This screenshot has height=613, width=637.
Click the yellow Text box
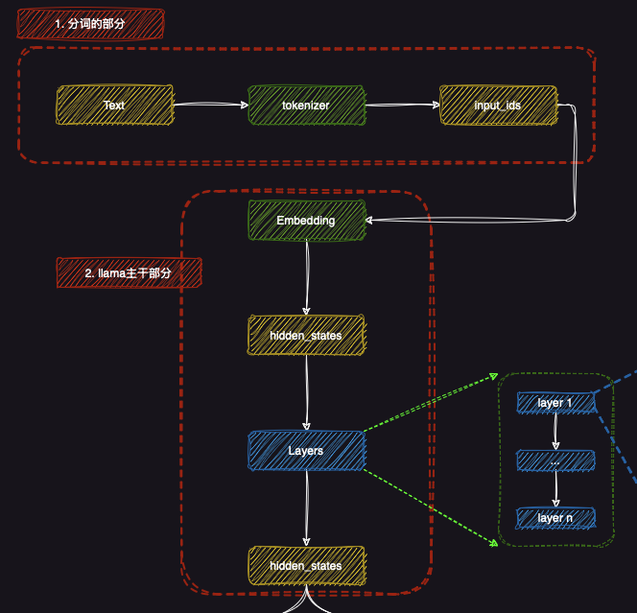pos(114,105)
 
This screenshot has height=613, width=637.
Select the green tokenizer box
pos(306,105)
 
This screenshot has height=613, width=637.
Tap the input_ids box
pos(498,105)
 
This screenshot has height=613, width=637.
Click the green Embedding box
pos(306,220)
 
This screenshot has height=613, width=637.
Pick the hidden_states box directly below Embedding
pos(306,335)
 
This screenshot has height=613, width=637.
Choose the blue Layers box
pos(306,450)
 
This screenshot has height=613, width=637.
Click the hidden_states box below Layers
pos(306,565)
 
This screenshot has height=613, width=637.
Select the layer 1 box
pos(555,403)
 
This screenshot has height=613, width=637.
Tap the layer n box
pos(555,518)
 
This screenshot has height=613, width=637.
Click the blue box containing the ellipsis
pos(555,460)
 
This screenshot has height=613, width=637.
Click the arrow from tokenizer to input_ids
pos(401,106)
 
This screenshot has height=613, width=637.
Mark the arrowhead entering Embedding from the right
pos(374,221)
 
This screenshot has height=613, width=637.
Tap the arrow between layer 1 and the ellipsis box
pos(555,432)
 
